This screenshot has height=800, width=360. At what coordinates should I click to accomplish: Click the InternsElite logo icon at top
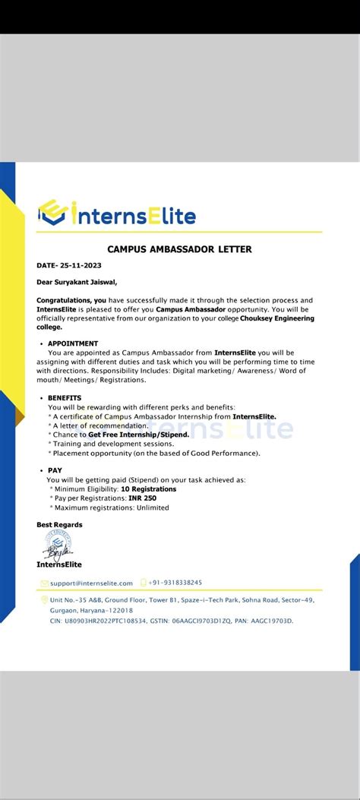(52, 214)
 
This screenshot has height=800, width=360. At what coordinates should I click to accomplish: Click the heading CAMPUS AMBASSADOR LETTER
(179, 249)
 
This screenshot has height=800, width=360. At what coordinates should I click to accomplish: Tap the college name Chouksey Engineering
(276, 318)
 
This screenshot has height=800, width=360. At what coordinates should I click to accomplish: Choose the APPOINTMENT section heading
(73, 343)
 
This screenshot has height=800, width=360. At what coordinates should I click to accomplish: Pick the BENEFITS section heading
(65, 398)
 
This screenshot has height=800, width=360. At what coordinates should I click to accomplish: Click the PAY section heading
(55, 470)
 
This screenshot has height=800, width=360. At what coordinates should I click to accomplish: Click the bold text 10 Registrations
(148, 489)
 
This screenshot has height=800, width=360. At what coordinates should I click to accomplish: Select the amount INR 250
(144, 498)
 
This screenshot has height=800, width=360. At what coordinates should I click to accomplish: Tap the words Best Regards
(60, 524)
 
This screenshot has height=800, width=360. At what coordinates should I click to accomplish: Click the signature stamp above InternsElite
(56, 544)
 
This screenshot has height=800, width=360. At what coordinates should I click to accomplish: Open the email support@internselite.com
(91, 583)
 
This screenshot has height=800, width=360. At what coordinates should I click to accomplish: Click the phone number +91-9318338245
(175, 582)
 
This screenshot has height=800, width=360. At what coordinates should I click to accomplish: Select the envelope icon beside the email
(44, 583)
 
